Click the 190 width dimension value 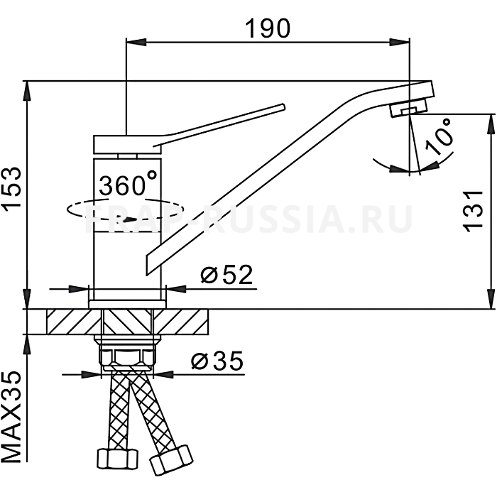tap(268, 28)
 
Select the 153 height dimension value tap(12, 187)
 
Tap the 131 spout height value tap(473, 209)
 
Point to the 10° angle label tap(439, 137)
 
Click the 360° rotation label tap(128, 182)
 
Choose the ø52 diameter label tap(226, 274)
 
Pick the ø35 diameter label tap(217, 361)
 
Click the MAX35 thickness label tap(12, 417)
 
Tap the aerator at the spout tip tap(408, 108)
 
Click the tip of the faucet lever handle tap(283, 106)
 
